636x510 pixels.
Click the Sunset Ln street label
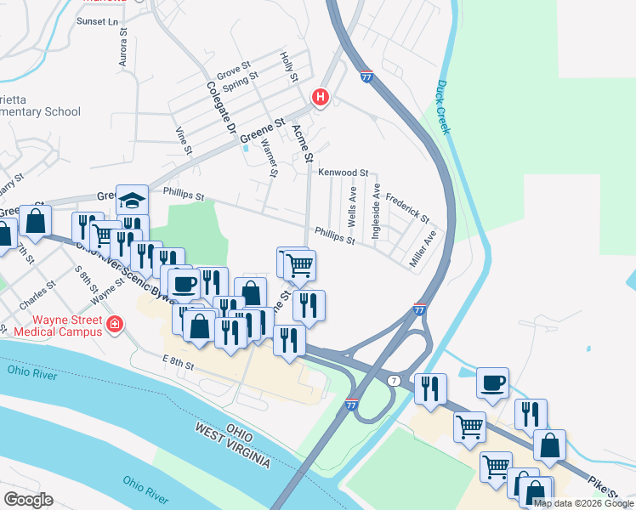(97, 20)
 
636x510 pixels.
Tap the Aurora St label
(123, 51)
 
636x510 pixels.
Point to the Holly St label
(289, 66)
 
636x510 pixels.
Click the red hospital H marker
(321, 98)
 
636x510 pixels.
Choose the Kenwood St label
(343, 173)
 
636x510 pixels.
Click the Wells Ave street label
(351, 207)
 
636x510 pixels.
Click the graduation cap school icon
(132, 200)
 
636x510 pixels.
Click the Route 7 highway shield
(394, 379)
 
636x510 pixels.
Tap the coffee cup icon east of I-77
(492, 383)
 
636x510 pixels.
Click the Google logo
(28, 499)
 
